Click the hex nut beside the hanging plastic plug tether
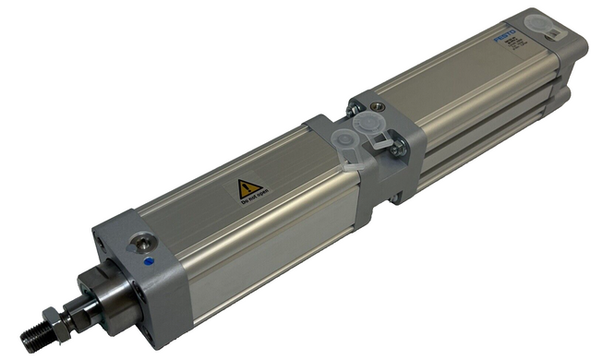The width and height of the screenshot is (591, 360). pos(398,149)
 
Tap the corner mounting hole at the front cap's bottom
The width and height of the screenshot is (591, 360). pos(170,325)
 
